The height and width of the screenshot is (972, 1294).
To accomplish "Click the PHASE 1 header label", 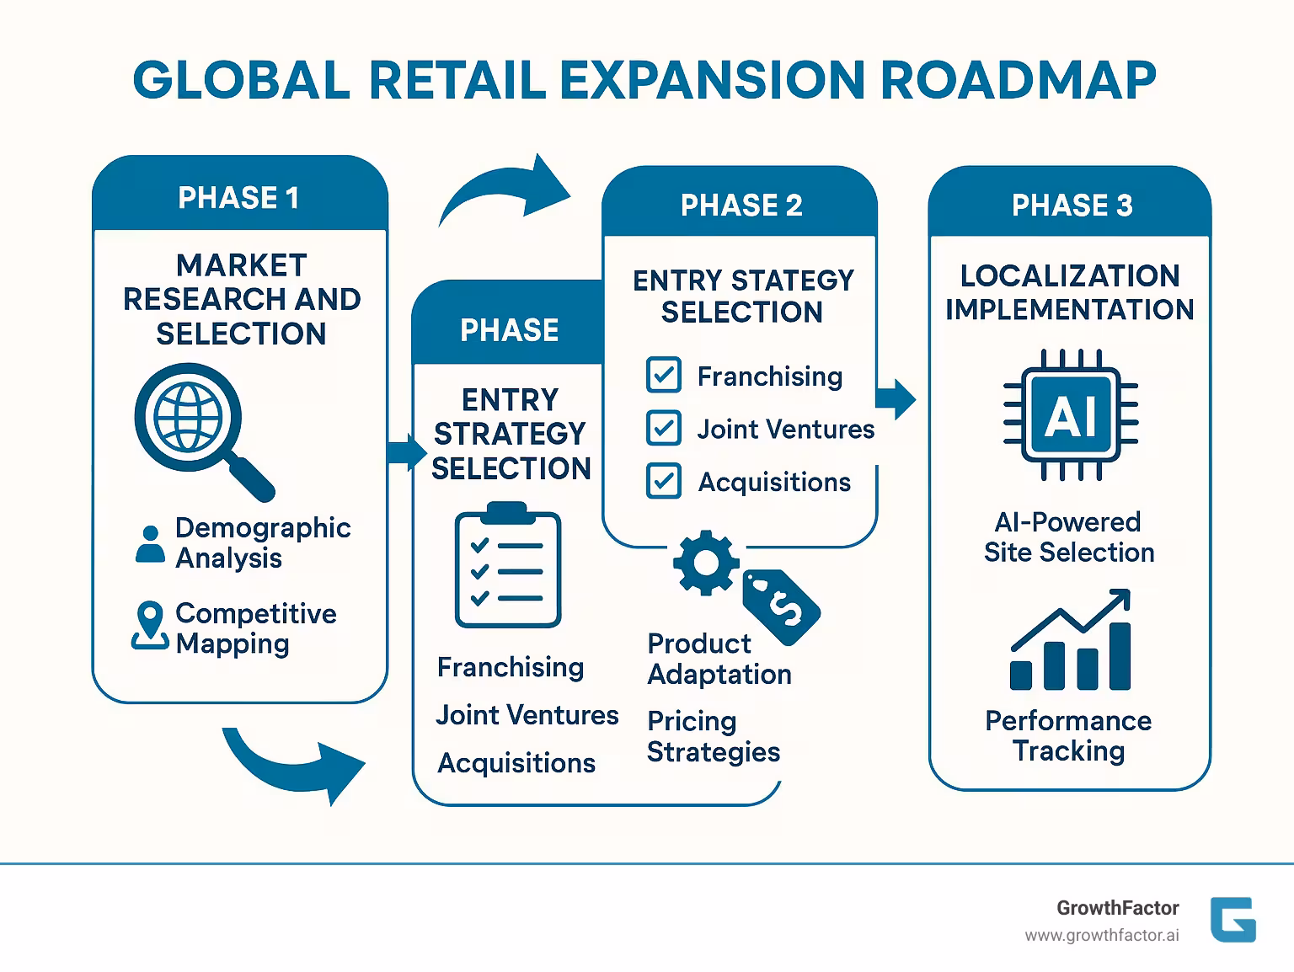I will [x=238, y=198].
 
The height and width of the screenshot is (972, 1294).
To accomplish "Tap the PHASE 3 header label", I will [x=1072, y=206].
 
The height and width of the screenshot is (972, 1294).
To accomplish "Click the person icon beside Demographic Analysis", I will [x=151, y=544].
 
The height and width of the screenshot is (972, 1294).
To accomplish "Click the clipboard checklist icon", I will [x=507, y=566].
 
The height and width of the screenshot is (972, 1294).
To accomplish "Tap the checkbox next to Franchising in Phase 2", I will [x=663, y=376].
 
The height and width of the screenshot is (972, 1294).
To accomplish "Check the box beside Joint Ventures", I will [x=663, y=429].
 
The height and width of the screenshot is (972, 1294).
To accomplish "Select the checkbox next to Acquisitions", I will [x=663, y=482].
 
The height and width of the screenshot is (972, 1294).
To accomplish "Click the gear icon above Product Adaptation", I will [x=706, y=563].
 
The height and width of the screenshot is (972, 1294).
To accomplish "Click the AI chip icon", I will [x=1071, y=415].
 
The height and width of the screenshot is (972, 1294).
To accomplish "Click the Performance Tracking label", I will [x=1068, y=735].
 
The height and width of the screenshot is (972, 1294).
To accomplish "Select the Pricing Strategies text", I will [x=713, y=736].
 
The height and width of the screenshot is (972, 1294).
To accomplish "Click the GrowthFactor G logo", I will [x=1233, y=919].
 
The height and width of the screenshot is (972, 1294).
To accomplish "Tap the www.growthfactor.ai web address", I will [x=1101, y=936].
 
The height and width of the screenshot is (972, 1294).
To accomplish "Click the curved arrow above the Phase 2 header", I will [x=505, y=194].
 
